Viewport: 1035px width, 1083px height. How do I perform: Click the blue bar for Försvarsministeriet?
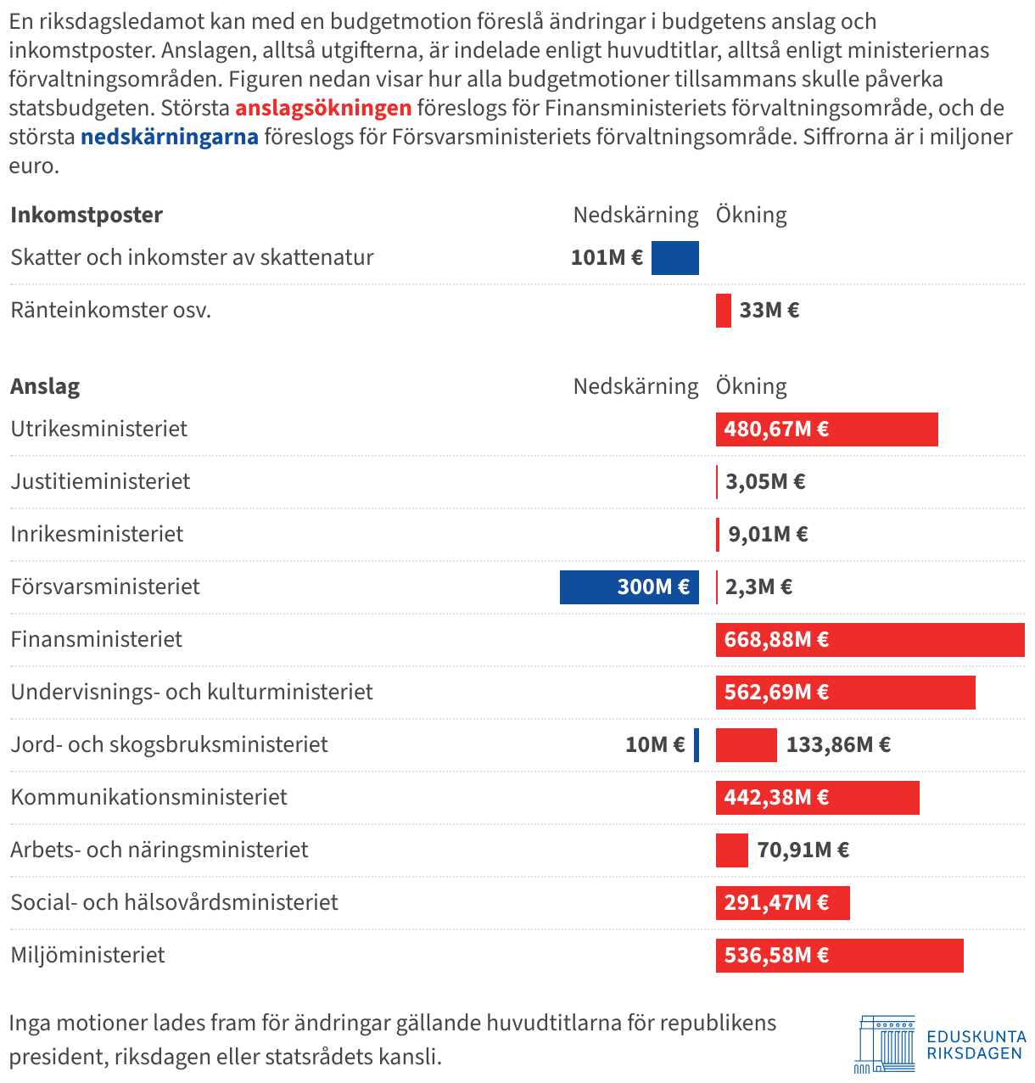629,587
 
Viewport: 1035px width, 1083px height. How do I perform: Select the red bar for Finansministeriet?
870,640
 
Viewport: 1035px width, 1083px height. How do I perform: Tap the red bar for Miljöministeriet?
839,956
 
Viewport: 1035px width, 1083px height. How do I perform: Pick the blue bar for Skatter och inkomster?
675,258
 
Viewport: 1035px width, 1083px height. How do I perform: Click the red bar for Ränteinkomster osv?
724,311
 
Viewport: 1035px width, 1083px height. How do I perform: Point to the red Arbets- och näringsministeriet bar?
732,850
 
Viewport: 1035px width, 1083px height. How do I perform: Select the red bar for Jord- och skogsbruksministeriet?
747,745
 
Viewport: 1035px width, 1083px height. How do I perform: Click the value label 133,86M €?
838,745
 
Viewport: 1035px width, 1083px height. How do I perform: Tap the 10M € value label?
655,745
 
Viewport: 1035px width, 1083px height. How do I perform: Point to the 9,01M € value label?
768,535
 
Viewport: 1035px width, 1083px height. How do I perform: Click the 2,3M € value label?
758,587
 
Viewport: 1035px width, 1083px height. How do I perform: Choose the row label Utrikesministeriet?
99,429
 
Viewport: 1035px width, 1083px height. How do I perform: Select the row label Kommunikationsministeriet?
149,798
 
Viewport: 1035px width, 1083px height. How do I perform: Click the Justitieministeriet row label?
101,482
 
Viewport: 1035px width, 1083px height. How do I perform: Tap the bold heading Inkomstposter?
87,216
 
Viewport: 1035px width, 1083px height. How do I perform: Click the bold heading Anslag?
45,387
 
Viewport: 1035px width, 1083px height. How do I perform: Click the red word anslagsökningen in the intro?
323,109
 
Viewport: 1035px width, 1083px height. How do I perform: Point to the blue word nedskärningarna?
170,137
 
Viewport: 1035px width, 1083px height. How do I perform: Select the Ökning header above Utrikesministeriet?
752,387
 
